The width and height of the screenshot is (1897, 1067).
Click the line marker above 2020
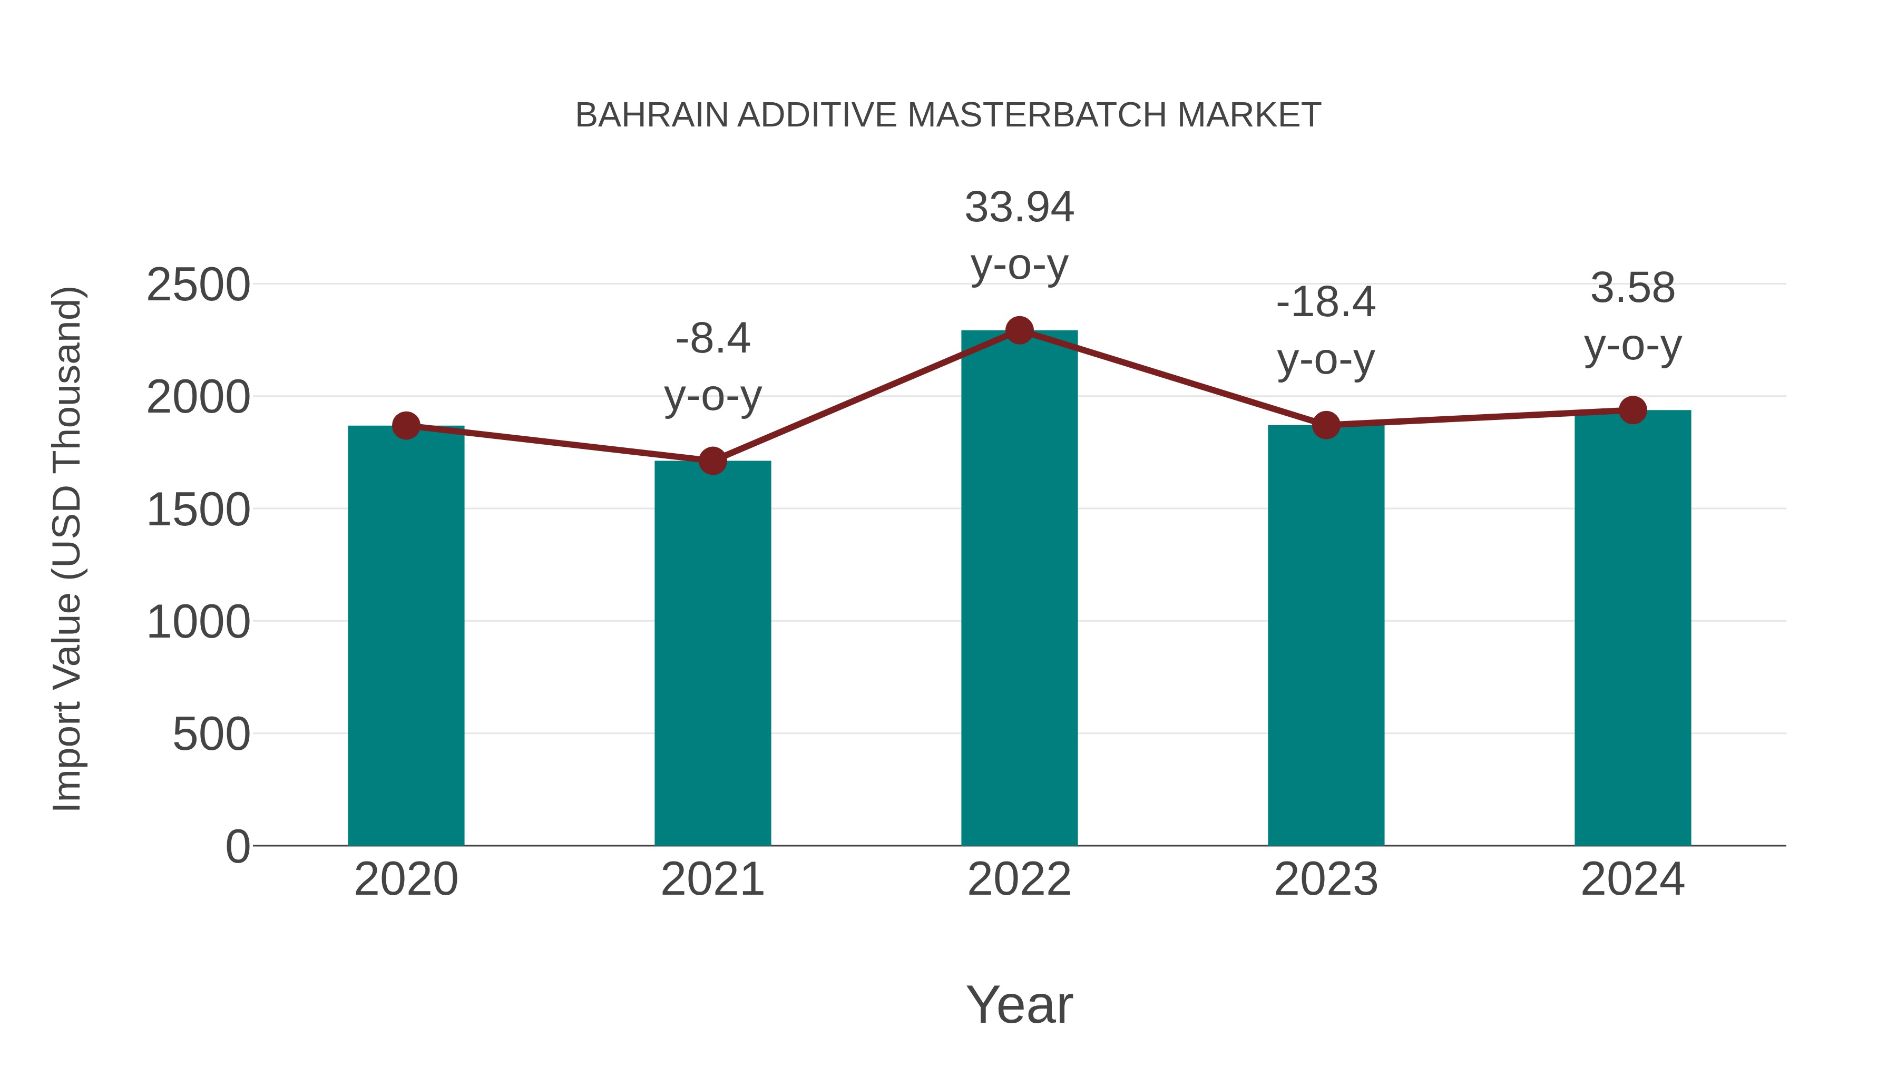(x=406, y=426)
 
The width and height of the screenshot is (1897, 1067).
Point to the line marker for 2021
(x=712, y=462)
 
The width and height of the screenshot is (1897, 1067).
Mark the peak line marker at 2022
(x=1019, y=330)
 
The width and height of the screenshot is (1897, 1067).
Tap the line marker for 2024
(x=1632, y=410)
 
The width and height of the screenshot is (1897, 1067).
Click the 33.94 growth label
(x=1019, y=208)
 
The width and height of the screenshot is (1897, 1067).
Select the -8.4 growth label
(x=712, y=339)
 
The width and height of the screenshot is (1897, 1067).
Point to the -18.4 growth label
(x=1326, y=302)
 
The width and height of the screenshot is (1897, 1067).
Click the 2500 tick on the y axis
(x=198, y=285)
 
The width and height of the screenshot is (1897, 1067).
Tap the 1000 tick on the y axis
(x=198, y=622)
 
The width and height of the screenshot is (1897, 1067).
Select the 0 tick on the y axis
(x=237, y=847)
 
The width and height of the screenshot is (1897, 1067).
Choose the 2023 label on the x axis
(x=1326, y=879)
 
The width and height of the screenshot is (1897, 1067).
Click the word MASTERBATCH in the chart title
(x=1038, y=115)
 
